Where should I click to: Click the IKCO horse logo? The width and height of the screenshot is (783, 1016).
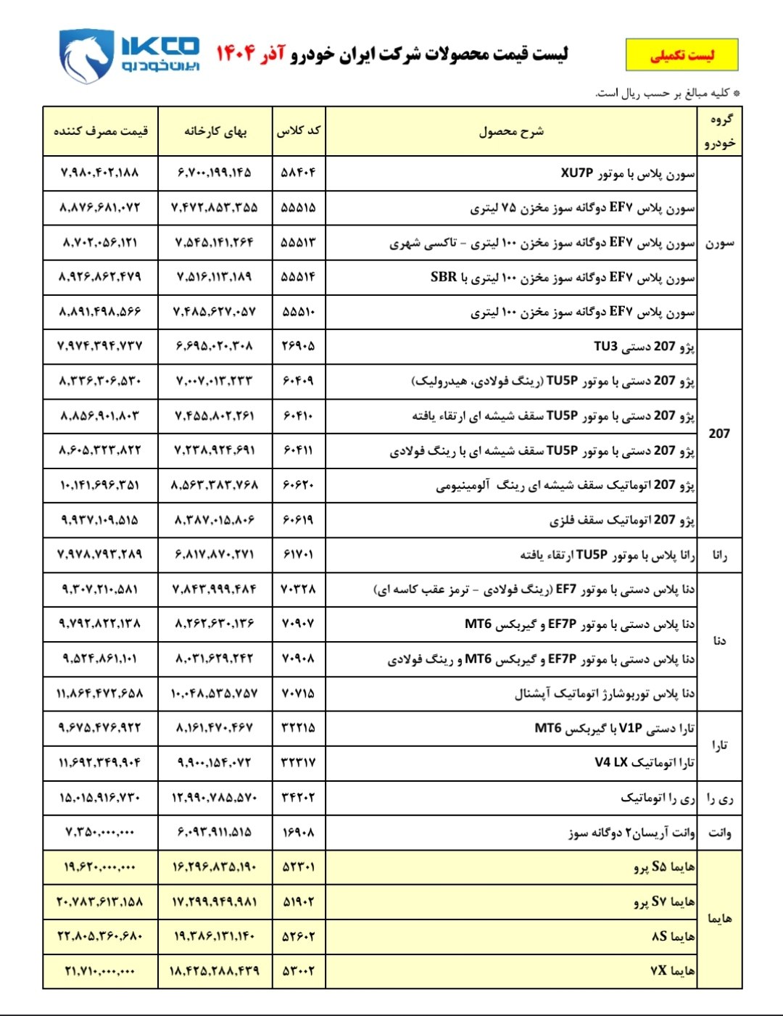(86, 56)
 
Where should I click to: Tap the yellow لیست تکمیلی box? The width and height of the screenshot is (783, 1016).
(681, 55)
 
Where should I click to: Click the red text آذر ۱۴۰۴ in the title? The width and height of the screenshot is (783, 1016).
(250, 54)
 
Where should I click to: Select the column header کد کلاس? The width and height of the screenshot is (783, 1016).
(299, 131)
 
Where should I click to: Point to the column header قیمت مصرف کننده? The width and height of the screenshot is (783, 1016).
(101, 131)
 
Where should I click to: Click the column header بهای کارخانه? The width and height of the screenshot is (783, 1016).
(215, 131)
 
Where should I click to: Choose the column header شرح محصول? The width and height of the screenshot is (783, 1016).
(511, 131)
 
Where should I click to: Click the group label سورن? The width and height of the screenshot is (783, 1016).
(719, 243)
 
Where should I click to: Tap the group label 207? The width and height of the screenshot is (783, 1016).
(719, 434)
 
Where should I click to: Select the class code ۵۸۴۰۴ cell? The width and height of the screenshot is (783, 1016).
(299, 173)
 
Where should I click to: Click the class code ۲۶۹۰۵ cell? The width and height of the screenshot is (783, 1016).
(299, 347)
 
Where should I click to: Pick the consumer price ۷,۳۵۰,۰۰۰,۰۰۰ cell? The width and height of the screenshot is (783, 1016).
(100, 833)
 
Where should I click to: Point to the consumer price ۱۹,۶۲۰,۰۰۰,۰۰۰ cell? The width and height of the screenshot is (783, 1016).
(100, 867)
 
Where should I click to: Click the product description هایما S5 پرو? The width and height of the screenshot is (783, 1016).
(663, 867)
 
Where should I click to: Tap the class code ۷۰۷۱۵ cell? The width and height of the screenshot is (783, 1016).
(299, 694)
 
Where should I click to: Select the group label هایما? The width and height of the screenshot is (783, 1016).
(719, 919)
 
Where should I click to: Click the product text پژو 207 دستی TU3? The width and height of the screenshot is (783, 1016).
(644, 347)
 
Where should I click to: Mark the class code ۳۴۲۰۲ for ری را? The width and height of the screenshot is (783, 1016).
(299, 798)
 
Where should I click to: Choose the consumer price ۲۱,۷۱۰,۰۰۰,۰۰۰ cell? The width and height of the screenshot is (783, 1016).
(100, 971)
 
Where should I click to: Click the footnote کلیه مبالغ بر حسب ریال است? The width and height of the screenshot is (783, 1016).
(667, 94)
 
